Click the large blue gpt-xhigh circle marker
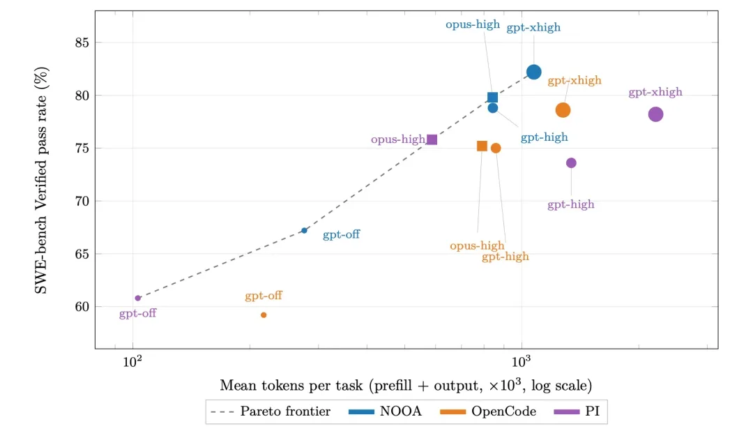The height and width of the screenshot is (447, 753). pyautogui.click(x=533, y=72)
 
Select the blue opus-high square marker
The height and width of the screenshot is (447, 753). pyautogui.click(x=492, y=98)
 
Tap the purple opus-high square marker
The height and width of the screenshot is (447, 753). pyautogui.click(x=432, y=139)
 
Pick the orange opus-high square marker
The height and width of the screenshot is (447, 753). pyautogui.click(x=482, y=146)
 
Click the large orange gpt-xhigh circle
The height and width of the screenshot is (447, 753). pyautogui.click(x=563, y=110)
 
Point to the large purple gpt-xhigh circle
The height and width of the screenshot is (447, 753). pyautogui.click(x=655, y=114)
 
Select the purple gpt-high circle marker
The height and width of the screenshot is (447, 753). pyautogui.click(x=571, y=162)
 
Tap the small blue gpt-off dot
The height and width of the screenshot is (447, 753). pyautogui.click(x=304, y=230)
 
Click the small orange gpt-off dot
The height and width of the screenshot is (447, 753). pyautogui.click(x=264, y=315)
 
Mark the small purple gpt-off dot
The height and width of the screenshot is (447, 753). pyautogui.click(x=138, y=298)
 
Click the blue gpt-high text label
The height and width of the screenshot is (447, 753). pyautogui.click(x=544, y=137)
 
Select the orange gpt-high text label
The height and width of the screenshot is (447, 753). pyautogui.click(x=505, y=257)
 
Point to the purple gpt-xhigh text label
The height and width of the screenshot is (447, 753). pyautogui.click(x=655, y=92)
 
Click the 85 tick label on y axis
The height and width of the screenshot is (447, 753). pyautogui.click(x=82, y=43)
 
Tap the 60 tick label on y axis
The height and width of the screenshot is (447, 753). pyautogui.click(x=82, y=306)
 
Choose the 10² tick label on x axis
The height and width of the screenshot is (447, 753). pyautogui.click(x=132, y=361)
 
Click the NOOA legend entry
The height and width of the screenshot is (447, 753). pyautogui.click(x=385, y=411)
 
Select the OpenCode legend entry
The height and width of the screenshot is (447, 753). pyautogui.click(x=488, y=411)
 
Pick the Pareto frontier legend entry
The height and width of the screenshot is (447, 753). pyautogui.click(x=271, y=411)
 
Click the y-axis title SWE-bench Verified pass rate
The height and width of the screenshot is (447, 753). pyautogui.click(x=41, y=180)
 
